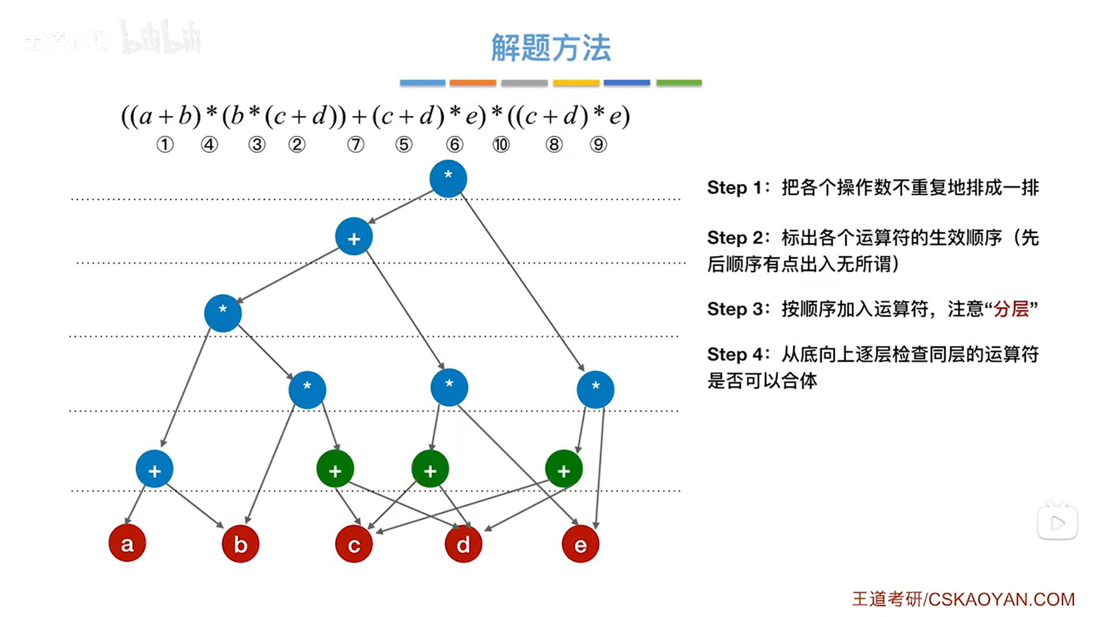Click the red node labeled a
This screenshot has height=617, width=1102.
point(127,543)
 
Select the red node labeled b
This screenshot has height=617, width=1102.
point(240,544)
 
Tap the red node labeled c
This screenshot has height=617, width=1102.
point(354,544)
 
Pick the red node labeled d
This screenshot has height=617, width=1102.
point(463,544)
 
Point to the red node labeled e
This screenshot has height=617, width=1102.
point(580,544)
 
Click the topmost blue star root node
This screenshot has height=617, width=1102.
point(448,178)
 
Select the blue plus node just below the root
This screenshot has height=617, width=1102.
point(354,237)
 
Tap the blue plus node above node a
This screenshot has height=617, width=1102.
point(155,469)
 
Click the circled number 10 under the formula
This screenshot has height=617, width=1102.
point(501,144)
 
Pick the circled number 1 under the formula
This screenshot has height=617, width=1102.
point(165,144)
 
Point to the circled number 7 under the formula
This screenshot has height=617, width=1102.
point(356,144)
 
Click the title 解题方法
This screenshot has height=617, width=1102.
point(550,47)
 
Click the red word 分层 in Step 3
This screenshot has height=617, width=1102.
point(1011,309)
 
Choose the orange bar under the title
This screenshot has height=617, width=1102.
point(473,83)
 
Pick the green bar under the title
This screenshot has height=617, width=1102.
point(679,83)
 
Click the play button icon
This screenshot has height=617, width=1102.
point(1058,523)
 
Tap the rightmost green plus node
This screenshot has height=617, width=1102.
point(564,469)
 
